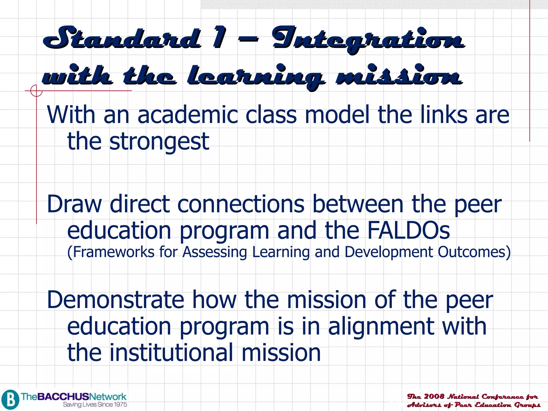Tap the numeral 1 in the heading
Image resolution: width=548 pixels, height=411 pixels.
[220, 37]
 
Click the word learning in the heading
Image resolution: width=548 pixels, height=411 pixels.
[256, 76]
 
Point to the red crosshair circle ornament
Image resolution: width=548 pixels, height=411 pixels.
[36, 90]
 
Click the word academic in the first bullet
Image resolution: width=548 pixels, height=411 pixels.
[188, 115]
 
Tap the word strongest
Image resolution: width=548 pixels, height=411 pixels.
[159, 142]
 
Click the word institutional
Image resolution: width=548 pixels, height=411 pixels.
[171, 353]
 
